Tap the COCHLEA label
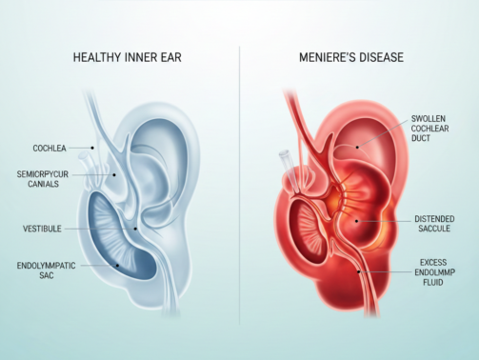point(49,149)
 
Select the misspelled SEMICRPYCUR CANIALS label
point(42,180)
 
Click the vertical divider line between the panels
point(239,190)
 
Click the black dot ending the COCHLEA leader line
point(92,148)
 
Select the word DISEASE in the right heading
point(376,58)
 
